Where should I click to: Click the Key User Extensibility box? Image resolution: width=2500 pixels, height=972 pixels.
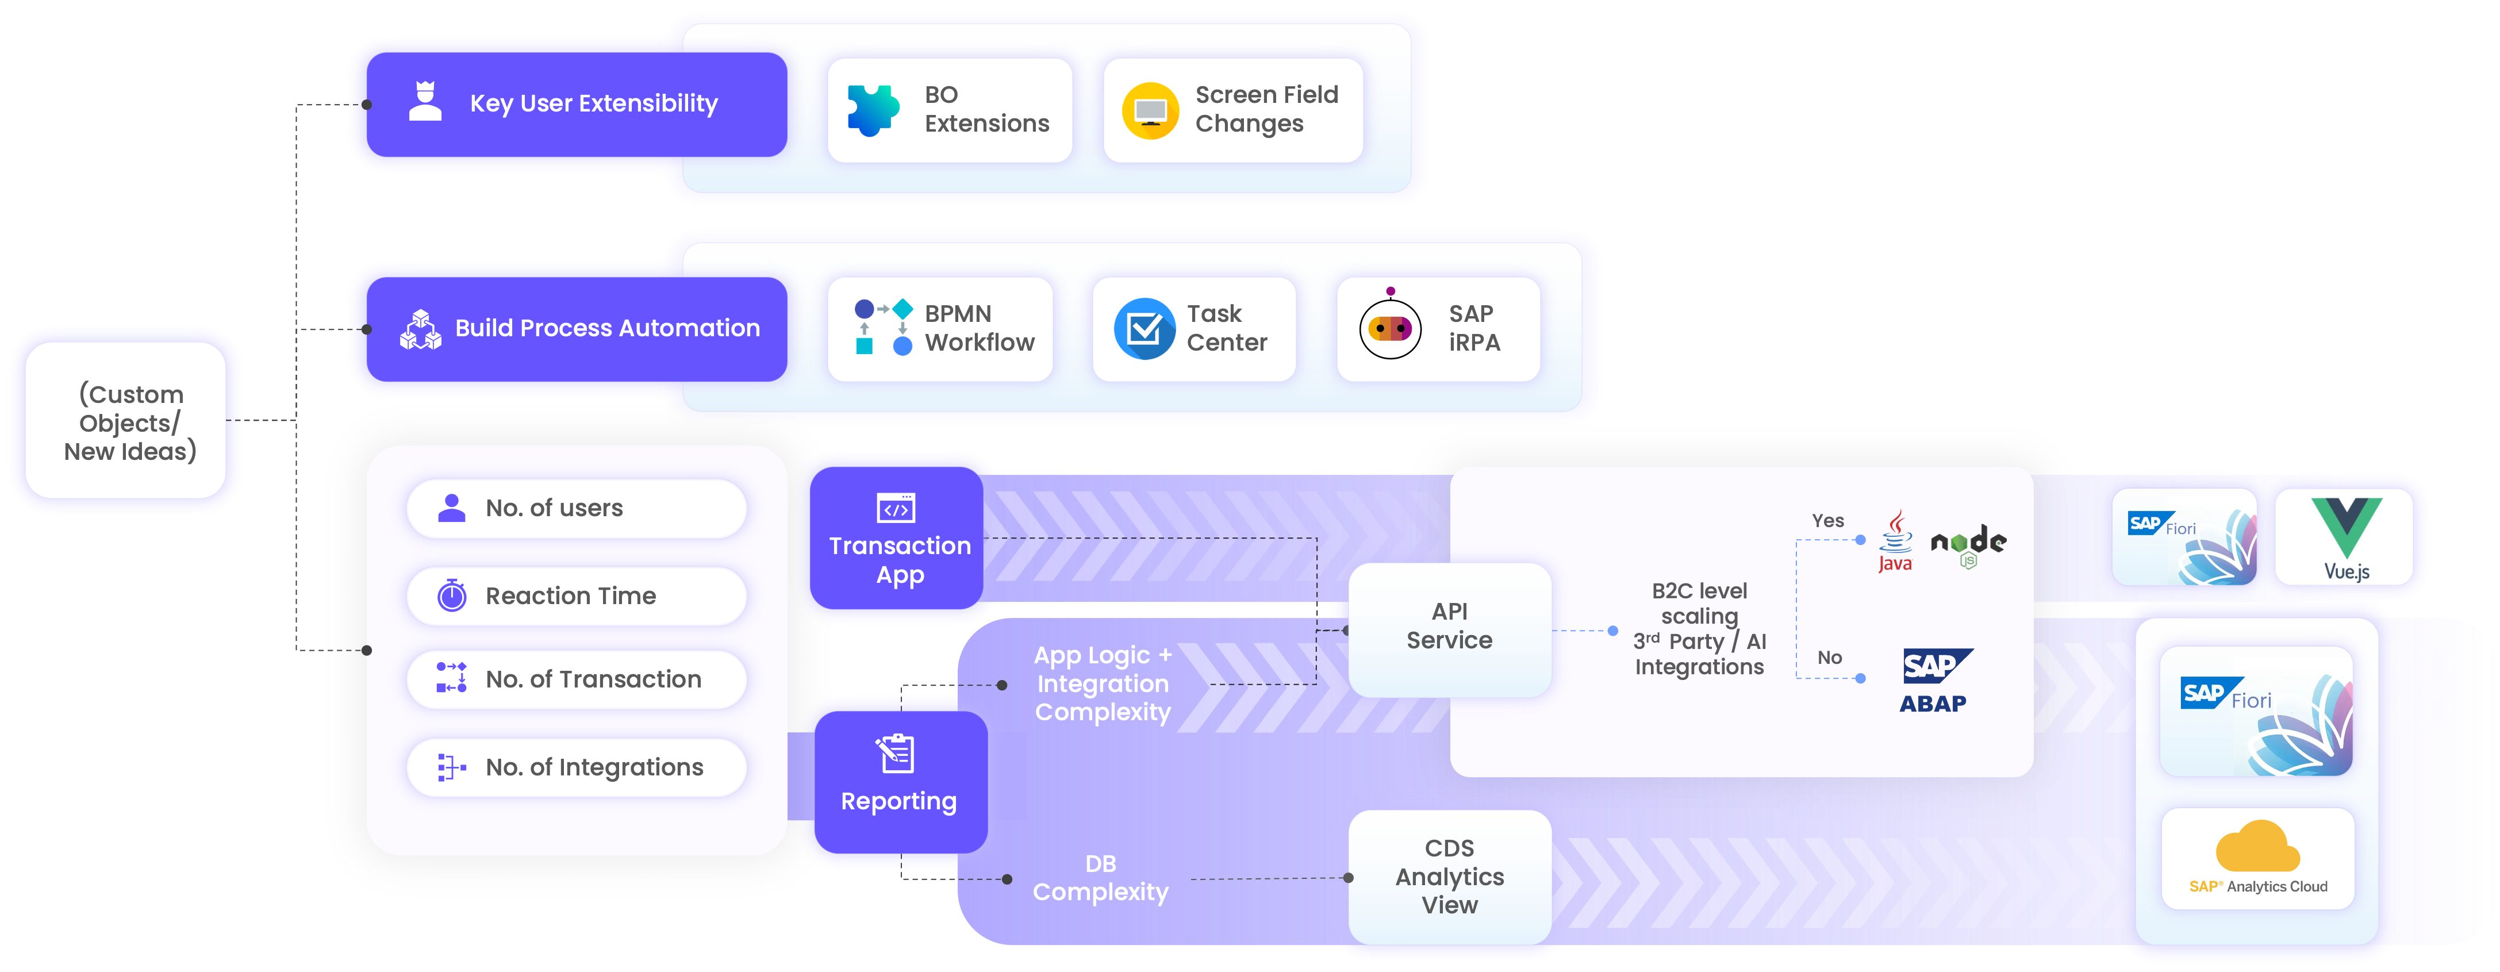point(577,105)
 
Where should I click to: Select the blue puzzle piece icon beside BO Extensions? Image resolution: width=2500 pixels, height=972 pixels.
point(873,110)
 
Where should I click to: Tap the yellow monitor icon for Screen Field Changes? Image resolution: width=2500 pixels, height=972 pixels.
point(1150,110)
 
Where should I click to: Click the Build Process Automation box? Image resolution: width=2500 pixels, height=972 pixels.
point(577,329)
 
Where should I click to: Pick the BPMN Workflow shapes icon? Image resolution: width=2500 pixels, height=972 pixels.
point(882,328)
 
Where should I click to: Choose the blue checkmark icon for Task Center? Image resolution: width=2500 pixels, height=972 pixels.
point(1144,329)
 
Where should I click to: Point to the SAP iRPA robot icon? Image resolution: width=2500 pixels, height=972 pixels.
point(1390,328)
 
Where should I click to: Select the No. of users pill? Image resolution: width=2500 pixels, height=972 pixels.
point(577,508)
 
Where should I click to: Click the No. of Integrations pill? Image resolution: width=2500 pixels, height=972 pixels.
point(577,767)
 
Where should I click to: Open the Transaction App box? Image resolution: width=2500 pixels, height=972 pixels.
point(898,539)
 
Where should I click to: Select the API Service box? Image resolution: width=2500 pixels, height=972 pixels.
point(1449,628)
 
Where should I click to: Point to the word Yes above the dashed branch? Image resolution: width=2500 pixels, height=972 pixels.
point(1827,521)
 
